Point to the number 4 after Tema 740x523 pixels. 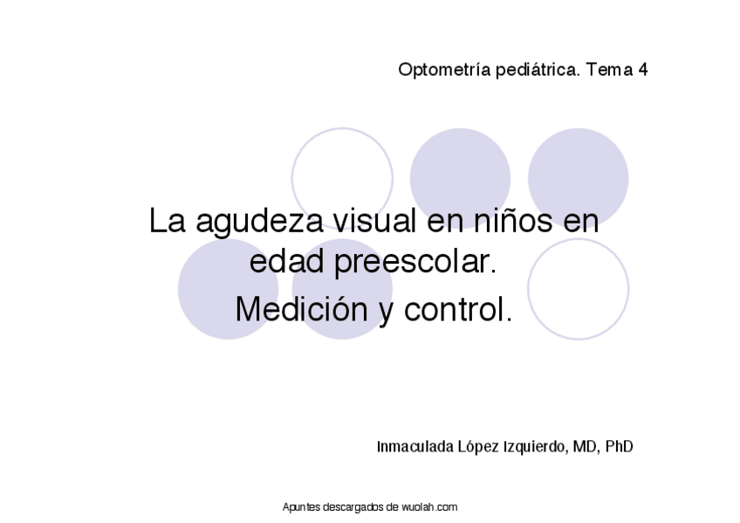pos(642,70)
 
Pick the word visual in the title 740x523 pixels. pos(370,220)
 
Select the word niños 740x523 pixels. pos(509,220)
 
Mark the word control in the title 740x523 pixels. pos(457,308)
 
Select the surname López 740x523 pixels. pos(478,447)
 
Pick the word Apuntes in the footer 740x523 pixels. pos(302,507)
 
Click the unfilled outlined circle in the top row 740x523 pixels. pos(342,178)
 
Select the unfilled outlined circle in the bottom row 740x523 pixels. pos(578,289)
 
